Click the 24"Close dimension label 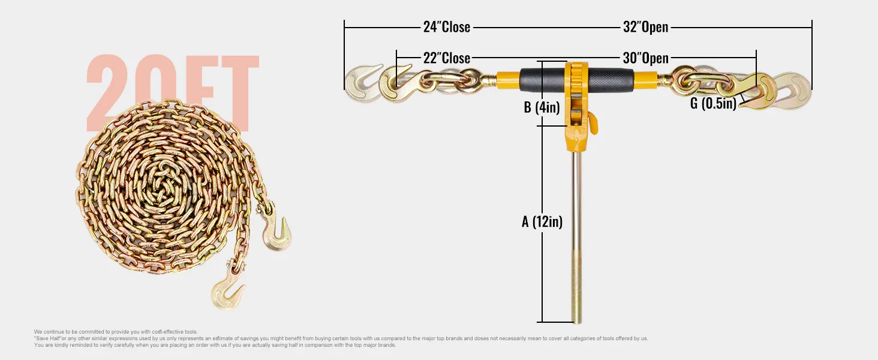(x=446, y=27)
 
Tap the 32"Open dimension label (x=645, y=27)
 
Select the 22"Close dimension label (x=446, y=58)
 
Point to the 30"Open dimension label (x=645, y=58)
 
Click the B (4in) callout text (x=542, y=108)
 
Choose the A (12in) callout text (x=542, y=221)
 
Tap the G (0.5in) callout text (x=712, y=103)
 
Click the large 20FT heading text (x=173, y=90)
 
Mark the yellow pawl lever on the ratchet (x=593, y=123)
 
